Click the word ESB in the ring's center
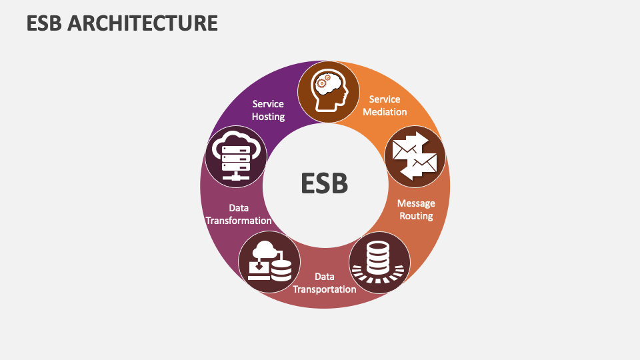click(325, 183)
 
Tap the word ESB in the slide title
click(45, 23)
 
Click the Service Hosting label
click(268, 110)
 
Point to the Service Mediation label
click(385, 105)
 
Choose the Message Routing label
click(416, 209)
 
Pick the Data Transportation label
click(325, 283)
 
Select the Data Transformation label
click(239, 214)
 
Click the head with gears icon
click(329, 92)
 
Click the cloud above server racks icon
click(235, 157)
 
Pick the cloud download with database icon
click(269, 262)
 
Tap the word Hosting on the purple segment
click(268, 117)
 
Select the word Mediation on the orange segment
click(385, 112)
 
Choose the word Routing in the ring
click(416, 216)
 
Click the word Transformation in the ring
click(239, 221)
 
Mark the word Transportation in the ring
click(325, 289)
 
